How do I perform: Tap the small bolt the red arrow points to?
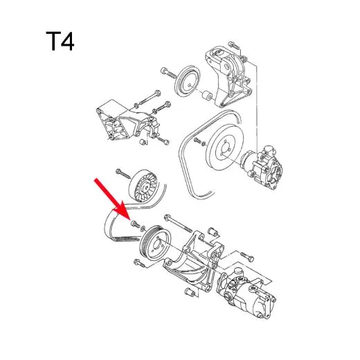click(135, 225)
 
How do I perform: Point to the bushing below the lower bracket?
click(189, 295)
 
